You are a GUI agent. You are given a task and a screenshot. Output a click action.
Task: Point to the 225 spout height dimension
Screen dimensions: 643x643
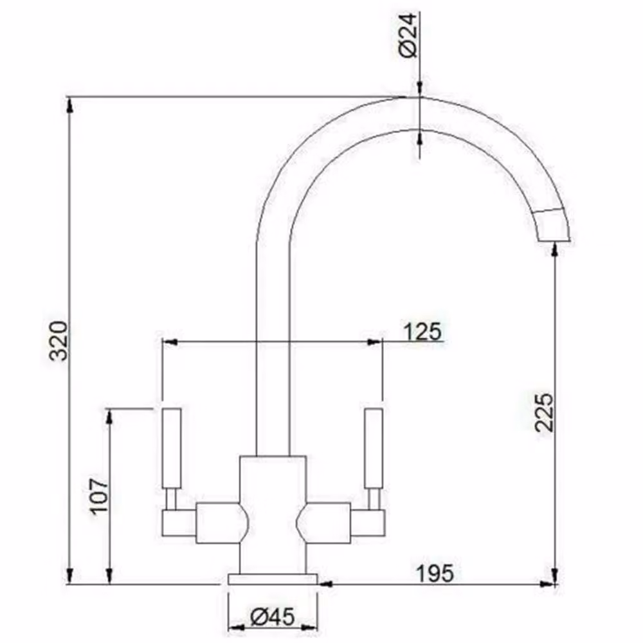click(544, 412)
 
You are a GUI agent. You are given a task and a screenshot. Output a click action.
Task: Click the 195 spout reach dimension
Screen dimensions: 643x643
click(435, 574)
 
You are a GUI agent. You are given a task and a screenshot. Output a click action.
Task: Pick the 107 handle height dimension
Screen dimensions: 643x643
click(99, 495)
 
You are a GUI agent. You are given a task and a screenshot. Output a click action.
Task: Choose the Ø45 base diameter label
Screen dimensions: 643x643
click(272, 617)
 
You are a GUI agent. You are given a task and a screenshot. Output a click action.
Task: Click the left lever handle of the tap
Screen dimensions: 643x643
click(172, 448)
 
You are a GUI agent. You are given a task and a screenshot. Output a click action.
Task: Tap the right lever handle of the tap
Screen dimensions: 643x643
click(374, 448)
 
